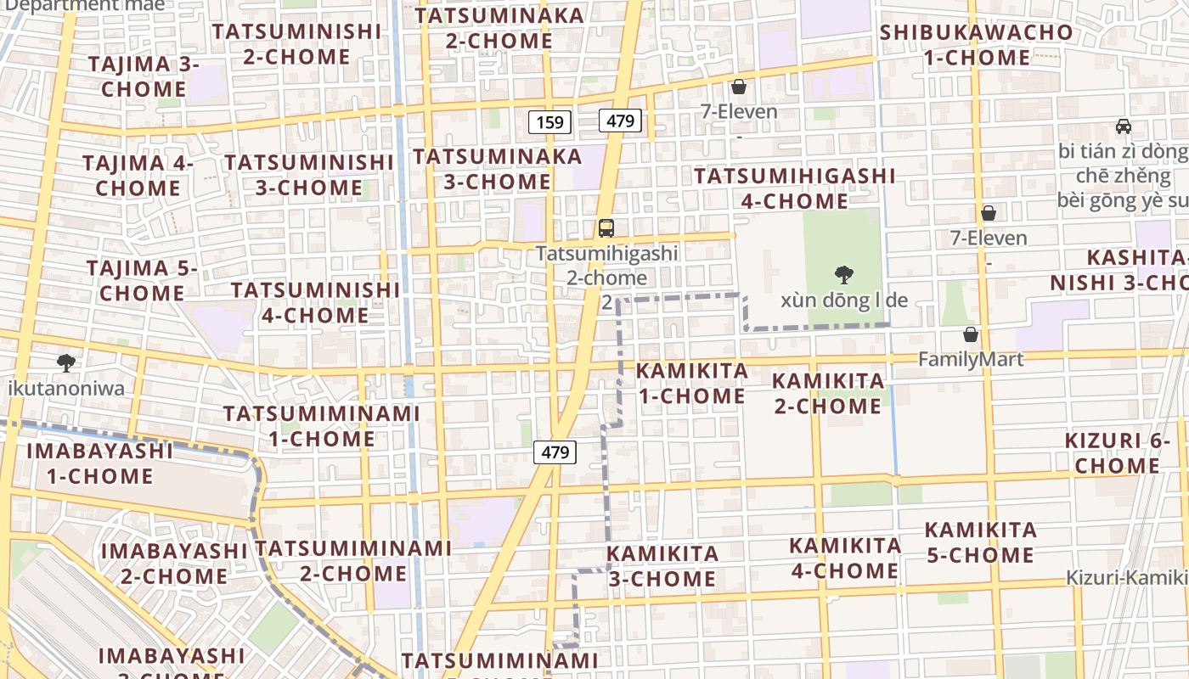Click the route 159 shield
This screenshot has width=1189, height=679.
(x=549, y=122)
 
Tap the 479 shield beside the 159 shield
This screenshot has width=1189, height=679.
(x=620, y=121)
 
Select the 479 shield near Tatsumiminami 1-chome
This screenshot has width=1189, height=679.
(x=555, y=452)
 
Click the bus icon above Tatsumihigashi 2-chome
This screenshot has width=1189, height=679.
(x=606, y=227)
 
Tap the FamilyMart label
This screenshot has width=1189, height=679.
(x=971, y=359)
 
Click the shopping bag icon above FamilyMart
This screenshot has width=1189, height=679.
(x=971, y=335)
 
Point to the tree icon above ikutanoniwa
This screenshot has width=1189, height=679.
(x=65, y=364)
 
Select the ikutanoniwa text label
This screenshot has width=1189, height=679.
(x=65, y=389)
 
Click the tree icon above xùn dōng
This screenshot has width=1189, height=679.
(x=843, y=275)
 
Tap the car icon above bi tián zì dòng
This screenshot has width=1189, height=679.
(x=1124, y=126)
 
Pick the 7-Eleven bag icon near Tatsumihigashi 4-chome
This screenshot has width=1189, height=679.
(x=739, y=87)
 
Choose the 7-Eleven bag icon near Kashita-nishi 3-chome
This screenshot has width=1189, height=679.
(x=988, y=213)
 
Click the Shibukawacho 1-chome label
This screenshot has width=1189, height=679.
(x=976, y=45)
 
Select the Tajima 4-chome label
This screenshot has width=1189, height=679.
(x=138, y=175)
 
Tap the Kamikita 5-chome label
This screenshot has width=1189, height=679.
(x=980, y=542)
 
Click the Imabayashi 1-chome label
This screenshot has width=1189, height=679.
(x=99, y=463)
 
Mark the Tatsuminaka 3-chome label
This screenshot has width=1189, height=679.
(x=498, y=169)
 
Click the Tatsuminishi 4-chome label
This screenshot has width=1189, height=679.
(x=315, y=302)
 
